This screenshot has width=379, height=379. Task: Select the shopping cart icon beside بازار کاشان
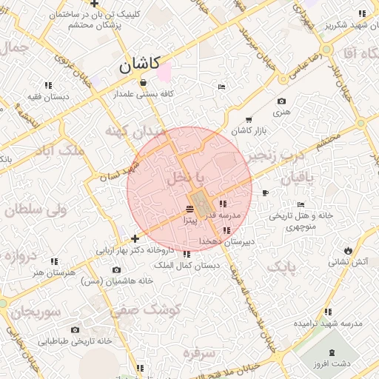pyautogui.click(x=248, y=119)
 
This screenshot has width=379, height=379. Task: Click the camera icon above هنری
pyautogui.click(x=281, y=101)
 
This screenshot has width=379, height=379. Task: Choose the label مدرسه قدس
pyautogui.click(x=221, y=215)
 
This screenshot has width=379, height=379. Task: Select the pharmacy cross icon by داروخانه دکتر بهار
pyautogui.click(x=135, y=239)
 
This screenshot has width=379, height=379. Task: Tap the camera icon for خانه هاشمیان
pyautogui.click(x=117, y=271)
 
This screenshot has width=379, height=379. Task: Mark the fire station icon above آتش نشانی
pyautogui.click(x=348, y=249)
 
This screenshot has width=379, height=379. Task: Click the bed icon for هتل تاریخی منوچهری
pyautogui.click(x=300, y=205)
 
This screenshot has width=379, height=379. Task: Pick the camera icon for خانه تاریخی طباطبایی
pyautogui.click(x=75, y=330)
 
